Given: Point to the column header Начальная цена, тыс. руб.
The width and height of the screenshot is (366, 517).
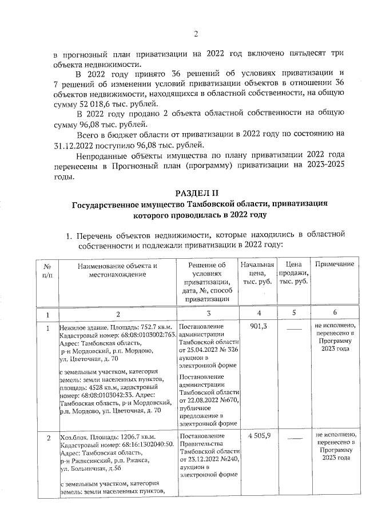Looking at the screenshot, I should click(258, 274).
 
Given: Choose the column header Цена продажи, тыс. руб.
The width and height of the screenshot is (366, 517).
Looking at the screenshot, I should click(293, 274).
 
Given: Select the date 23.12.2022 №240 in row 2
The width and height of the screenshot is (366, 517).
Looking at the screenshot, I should click(206, 459).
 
